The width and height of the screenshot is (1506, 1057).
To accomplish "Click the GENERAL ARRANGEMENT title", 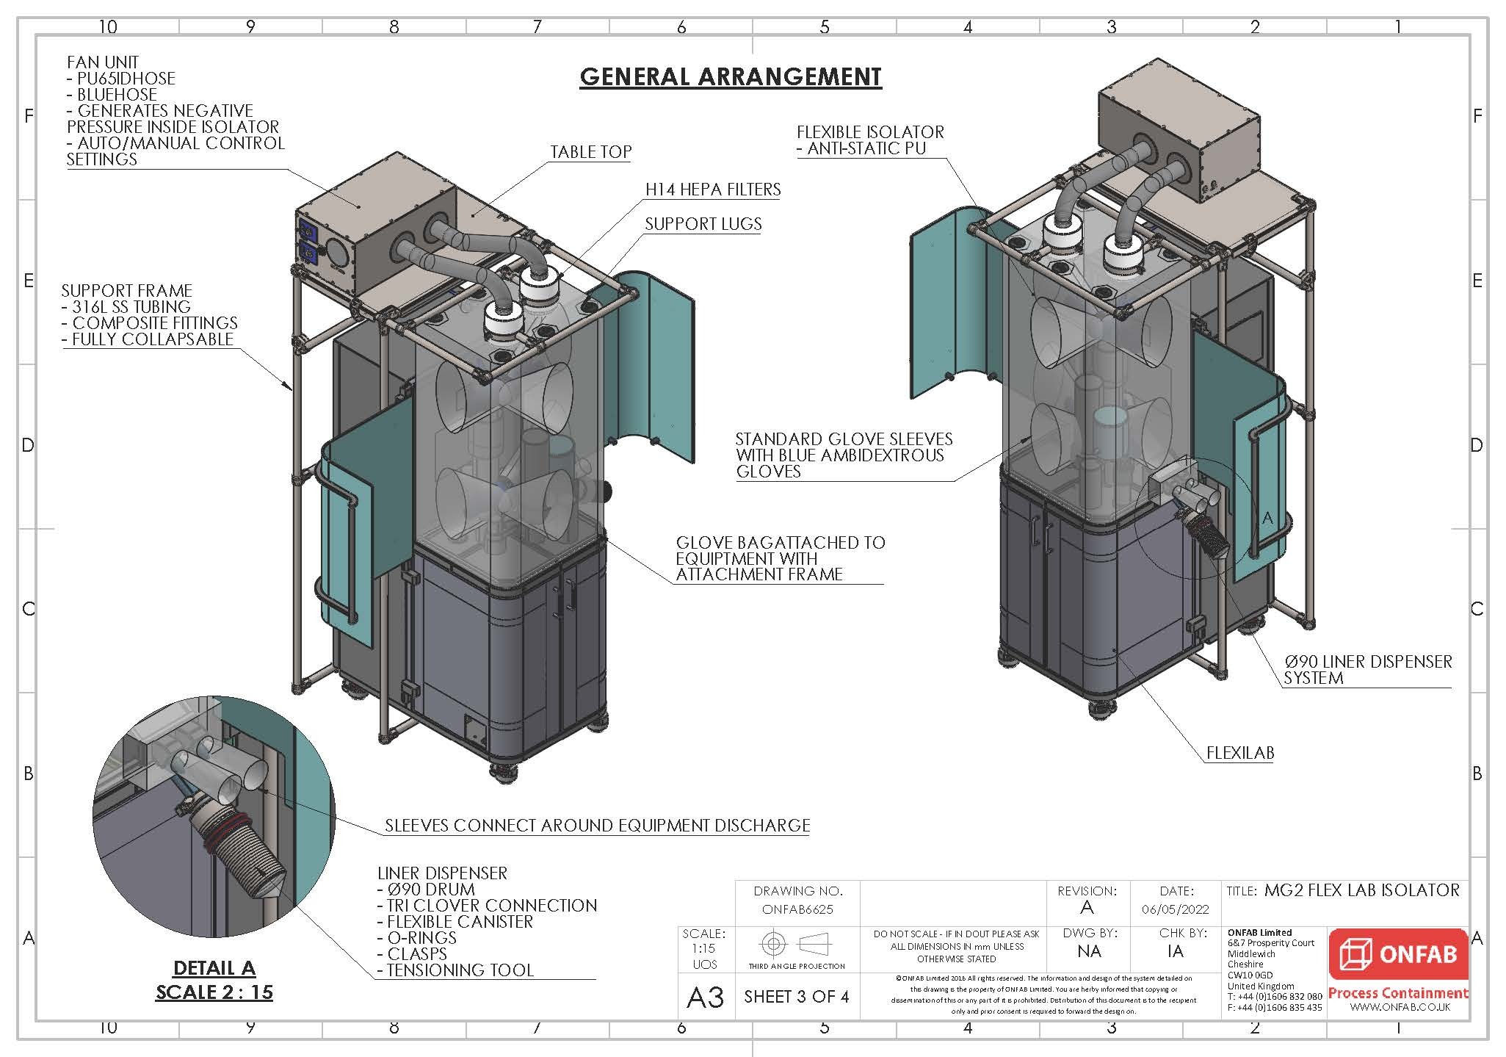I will (730, 76).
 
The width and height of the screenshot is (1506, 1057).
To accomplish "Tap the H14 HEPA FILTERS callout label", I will (712, 190).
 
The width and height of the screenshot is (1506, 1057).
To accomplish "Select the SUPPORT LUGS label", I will (703, 224).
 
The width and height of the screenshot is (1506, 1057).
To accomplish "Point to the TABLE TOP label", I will (590, 152).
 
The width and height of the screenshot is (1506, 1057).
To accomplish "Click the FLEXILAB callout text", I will (1239, 753).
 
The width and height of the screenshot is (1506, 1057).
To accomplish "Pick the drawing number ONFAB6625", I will (797, 909).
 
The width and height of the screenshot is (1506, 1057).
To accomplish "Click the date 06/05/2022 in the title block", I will (1175, 909).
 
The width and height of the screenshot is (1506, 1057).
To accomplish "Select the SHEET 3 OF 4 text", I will (796, 997).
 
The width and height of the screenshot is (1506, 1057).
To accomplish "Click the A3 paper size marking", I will (705, 998).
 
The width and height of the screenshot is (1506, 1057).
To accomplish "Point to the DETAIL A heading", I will (214, 968).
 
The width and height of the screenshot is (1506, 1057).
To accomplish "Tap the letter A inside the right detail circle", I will (1267, 518).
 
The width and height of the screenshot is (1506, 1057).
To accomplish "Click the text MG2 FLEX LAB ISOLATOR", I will (1361, 890).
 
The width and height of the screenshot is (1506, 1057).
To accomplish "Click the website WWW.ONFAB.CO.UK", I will (1400, 1007).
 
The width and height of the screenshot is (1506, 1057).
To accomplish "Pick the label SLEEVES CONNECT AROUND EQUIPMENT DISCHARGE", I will (597, 826).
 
